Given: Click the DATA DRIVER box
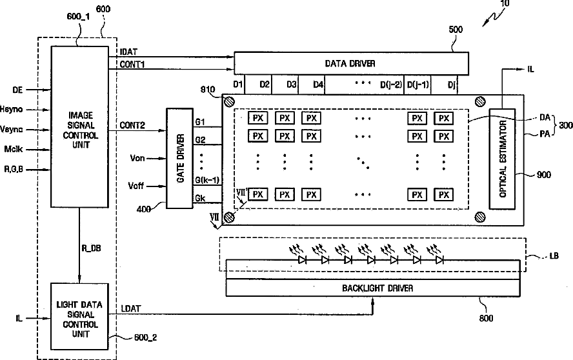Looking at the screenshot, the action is [351, 63].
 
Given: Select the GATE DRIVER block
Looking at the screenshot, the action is [180, 158].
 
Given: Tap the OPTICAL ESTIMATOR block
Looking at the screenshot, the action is [503, 159].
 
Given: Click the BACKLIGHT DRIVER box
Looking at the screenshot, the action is [373, 288].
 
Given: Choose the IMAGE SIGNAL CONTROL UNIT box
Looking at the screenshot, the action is [79, 126].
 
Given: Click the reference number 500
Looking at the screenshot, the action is [456, 30].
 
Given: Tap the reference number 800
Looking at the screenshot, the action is [486, 318].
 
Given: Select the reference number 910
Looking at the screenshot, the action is [208, 90].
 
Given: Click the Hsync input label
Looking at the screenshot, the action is [12, 109].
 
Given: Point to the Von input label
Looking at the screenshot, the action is [137, 158].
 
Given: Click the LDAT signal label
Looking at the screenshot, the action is [131, 309].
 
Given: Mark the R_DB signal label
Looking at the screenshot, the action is [91, 248].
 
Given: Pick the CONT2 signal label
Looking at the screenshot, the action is [132, 125].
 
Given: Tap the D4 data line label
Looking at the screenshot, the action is [318, 85].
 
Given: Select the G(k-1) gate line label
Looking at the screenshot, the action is [207, 180].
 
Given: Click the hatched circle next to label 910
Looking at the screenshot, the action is [229, 101].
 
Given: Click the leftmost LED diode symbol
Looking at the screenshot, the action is [302, 260].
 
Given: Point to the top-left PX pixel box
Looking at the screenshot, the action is [258, 118].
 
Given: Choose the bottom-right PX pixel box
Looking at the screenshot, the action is [444, 195].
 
